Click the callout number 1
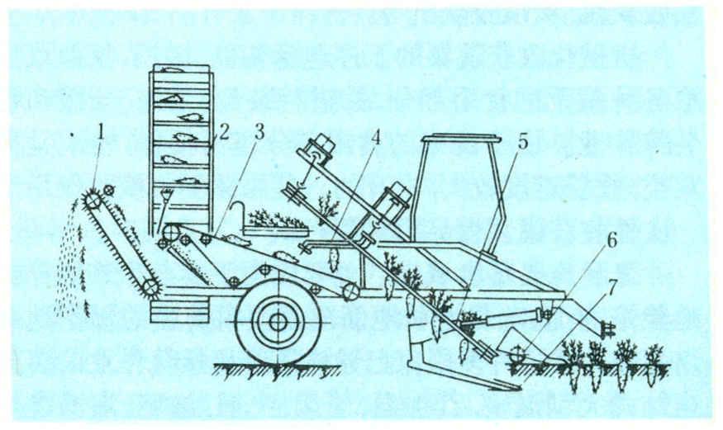pyautogui.click(x=101, y=132)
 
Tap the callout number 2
pyautogui.click(x=223, y=132)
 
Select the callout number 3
pyautogui.click(x=259, y=132)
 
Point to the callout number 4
pyautogui.click(x=376, y=137)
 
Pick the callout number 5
pyautogui.click(x=522, y=142)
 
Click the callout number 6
pyautogui.click(x=611, y=241)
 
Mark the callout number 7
pyautogui.click(x=611, y=288)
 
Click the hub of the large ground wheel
pyautogui.click(x=278, y=322)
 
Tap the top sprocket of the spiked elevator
pyautogui.click(x=93, y=201)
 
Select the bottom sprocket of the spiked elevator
pyautogui.click(x=150, y=288)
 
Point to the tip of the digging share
pyautogui.click(x=520, y=389)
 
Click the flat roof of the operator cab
pyautogui.click(x=461, y=138)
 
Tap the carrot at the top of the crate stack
pyautogui.click(x=172, y=69)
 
